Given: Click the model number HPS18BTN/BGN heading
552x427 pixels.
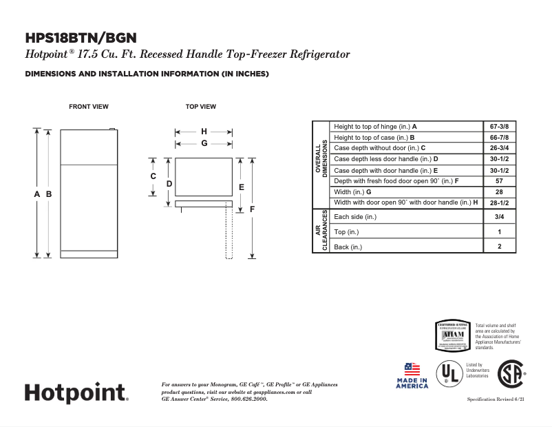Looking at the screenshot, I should tap(81, 38).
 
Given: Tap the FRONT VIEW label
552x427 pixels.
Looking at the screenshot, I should tap(88, 107).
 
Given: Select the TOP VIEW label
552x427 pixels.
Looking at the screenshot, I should tap(200, 107).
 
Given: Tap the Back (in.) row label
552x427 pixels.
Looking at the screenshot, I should tap(348, 247).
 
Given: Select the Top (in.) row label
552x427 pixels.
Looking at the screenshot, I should tap(346, 232).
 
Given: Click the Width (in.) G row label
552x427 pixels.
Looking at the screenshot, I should tap(352, 191).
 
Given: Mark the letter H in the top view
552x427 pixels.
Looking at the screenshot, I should tap(204, 132).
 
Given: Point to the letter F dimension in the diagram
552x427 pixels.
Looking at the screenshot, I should tap(253, 209).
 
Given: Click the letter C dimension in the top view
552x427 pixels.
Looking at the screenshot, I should tap(153, 176).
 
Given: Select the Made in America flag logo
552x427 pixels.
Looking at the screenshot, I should tap(412, 375).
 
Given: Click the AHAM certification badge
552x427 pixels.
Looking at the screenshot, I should tap(452, 335).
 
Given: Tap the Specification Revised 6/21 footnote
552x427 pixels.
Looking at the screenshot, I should tap(496, 399).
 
